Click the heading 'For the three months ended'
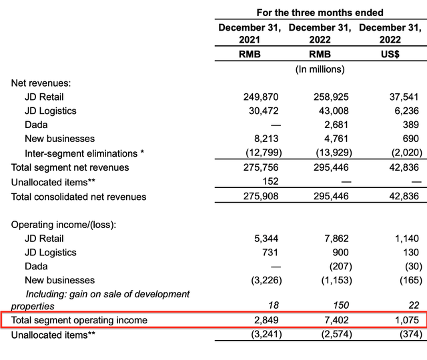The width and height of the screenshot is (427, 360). pyautogui.click(x=320, y=13)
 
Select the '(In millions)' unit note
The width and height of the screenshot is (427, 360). pyautogui.click(x=320, y=69)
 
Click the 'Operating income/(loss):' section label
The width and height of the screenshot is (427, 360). pyautogui.click(x=63, y=225)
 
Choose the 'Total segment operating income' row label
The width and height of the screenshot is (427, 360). pyautogui.click(x=79, y=321)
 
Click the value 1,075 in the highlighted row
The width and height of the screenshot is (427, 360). pyautogui.click(x=406, y=321)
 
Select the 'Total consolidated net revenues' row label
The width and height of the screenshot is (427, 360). pyautogui.click(x=79, y=197)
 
